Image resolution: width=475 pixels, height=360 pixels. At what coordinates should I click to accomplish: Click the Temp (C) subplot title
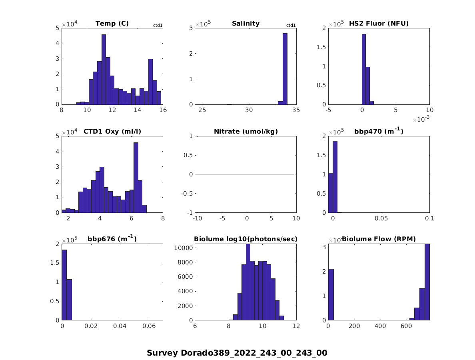pos(112,24)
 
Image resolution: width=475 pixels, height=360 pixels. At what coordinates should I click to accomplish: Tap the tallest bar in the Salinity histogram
pos(285,69)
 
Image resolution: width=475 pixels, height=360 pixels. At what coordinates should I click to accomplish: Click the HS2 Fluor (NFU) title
pos(379,24)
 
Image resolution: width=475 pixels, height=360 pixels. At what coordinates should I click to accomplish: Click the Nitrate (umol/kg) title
pos(245,132)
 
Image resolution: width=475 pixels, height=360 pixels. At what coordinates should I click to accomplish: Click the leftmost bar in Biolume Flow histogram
pos(331,294)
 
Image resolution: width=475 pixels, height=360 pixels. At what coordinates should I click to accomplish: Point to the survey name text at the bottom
pos(237,353)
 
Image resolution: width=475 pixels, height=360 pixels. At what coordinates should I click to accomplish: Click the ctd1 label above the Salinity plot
pos(291,26)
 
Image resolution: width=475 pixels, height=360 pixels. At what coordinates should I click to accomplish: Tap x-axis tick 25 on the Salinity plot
pos(203,110)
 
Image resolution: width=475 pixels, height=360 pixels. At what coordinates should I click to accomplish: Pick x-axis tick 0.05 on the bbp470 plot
pos(381,218)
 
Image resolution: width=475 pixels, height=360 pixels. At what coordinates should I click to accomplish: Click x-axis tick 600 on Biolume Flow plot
pos(406,326)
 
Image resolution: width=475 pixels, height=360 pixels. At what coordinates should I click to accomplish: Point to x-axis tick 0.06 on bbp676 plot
pos(149,326)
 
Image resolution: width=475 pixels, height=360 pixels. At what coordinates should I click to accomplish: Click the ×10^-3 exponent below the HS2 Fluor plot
pos(421,120)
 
